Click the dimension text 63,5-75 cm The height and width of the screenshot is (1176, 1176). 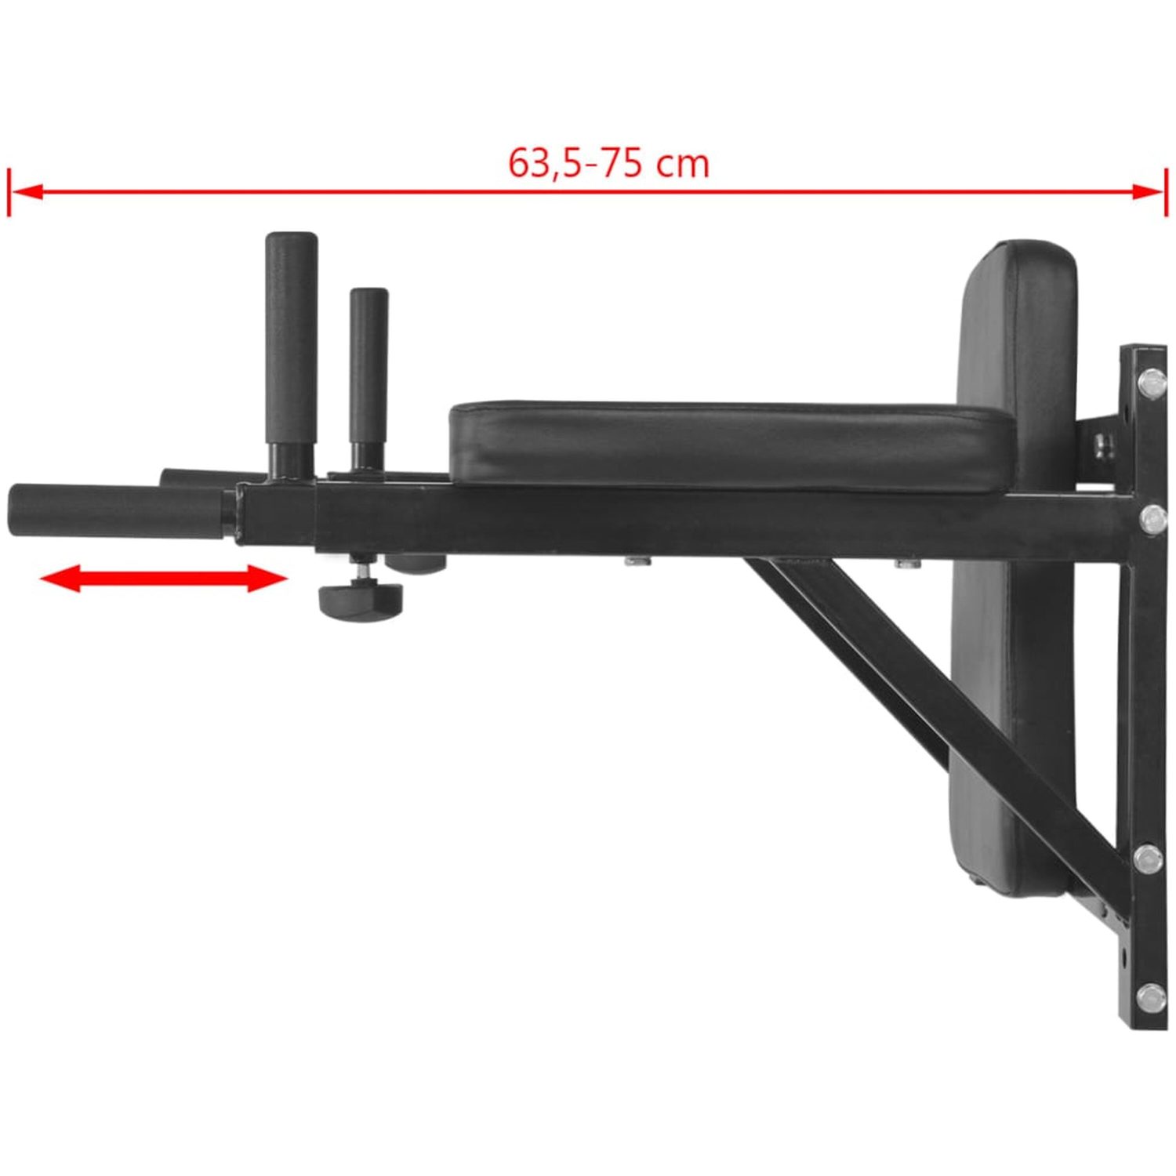(608, 163)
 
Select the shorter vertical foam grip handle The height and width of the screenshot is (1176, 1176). (368, 367)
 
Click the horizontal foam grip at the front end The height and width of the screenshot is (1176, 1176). (119, 510)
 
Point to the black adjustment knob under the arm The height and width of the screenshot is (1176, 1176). (361, 598)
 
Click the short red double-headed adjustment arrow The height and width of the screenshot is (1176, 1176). (163, 579)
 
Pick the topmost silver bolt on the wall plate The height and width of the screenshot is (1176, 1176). (1150, 382)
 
